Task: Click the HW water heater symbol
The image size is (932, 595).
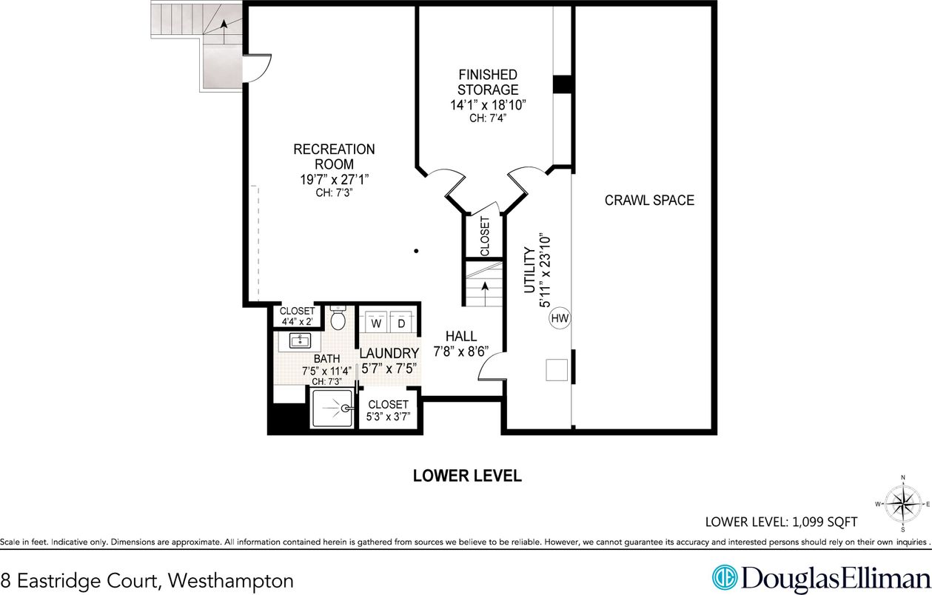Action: pyautogui.click(x=560, y=319)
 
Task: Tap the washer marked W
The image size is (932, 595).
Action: pyautogui.click(x=376, y=323)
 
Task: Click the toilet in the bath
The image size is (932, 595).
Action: pyautogui.click(x=338, y=319)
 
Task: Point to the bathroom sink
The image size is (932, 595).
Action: pyautogui.click(x=300, y=341)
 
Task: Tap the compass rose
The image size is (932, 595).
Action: pyautogui.click(x=902, y=504)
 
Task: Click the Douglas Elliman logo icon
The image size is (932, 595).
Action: pyautogui.click(x=725, y=577)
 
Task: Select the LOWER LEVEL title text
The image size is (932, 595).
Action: pyautogui.click(x=467, y=476)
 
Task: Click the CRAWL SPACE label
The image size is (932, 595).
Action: pyautogui.click(x=649, y=200)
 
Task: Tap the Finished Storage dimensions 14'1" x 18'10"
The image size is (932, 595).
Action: pyautogui.click(x=488, y=105)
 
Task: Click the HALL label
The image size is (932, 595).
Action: pyautogui.click(x=460, y=336)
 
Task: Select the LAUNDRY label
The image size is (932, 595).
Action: pyautogui.click(x=390, y=353)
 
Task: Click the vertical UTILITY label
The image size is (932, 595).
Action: pyautogui.click(x=529, y=271)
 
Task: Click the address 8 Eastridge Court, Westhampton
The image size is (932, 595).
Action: pyautogui.click(x=147, y=580)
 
